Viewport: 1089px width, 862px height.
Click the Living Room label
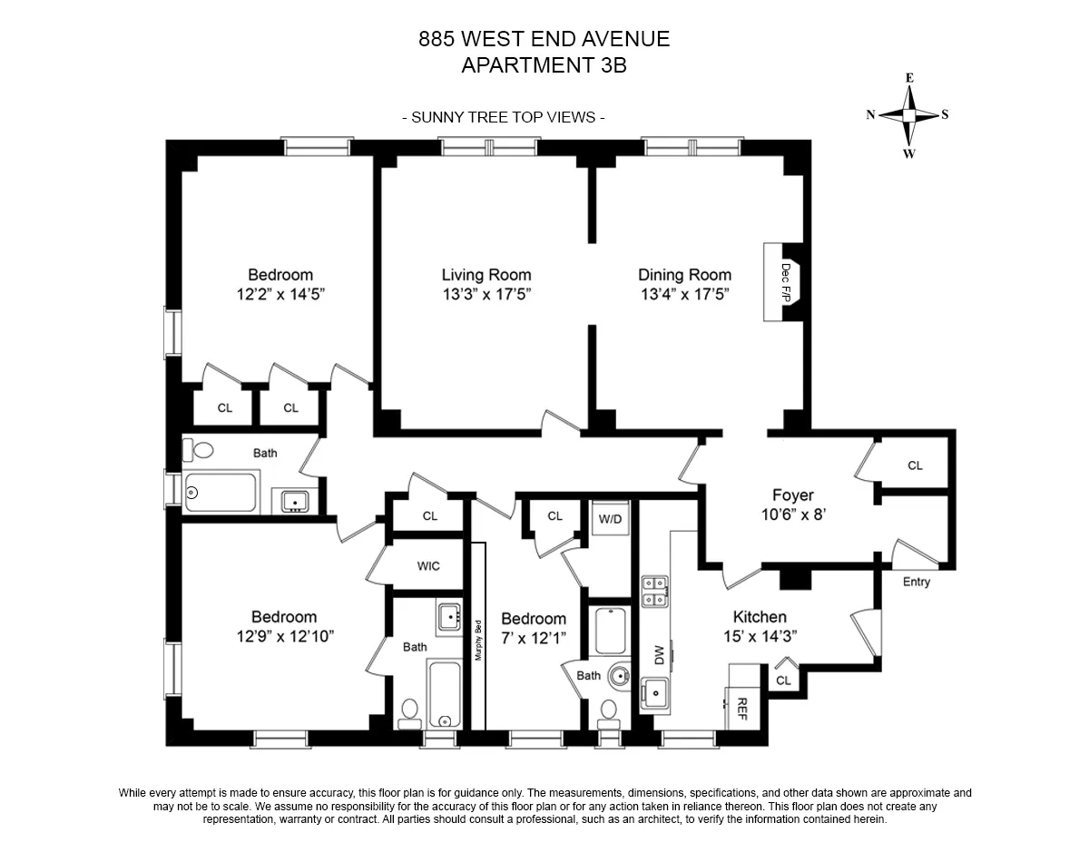(x=486, y=275)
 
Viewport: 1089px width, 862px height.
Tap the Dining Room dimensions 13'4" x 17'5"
(x=684, y=294)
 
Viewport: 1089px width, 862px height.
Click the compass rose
(x=908, y=115)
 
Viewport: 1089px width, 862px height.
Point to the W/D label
(x=610, y=519)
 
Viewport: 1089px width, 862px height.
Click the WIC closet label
(x=428, y=566)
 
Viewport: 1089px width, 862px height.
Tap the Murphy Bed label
(x=478, y=639)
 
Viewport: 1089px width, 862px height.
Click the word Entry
(x=916, y=582)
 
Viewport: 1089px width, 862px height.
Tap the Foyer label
(x=792, y=495)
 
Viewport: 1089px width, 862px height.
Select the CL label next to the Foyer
(x=915, y=465)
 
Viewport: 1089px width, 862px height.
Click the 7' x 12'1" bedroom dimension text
(x=534, y=638)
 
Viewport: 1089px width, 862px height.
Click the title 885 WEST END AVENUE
(x=544, y=39)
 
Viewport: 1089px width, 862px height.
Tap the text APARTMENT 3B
(x=544, y=65)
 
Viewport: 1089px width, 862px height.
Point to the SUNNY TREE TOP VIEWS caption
(x=504, y=117)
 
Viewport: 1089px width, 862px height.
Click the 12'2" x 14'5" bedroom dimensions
(x=280, y=294)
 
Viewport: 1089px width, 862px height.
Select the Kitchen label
(x=760, y=617)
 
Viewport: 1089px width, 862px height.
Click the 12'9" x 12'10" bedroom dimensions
(x=283, y=636)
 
